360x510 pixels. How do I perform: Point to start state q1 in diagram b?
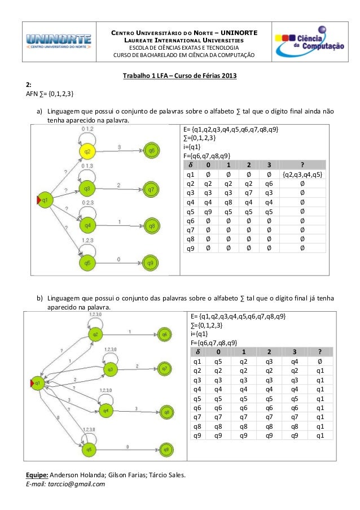(x=38, y=382)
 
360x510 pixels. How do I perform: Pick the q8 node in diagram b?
(x=165, y=413)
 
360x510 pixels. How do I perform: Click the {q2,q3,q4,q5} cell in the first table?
(x=303, y=174)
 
